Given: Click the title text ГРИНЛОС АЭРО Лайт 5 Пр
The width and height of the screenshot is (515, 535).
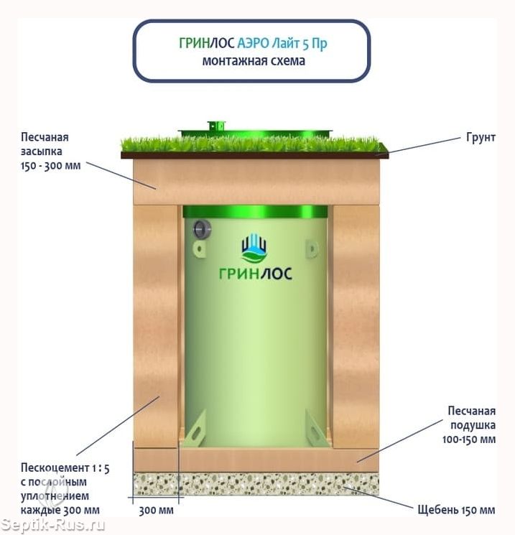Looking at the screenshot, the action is (x=253, y=43).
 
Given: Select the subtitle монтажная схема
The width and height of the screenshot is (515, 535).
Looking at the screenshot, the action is (x=254, y=61).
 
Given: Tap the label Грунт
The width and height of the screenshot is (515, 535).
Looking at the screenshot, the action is (x=481, y=137).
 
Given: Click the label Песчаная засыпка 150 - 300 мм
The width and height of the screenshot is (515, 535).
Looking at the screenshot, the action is (x=51, y=151).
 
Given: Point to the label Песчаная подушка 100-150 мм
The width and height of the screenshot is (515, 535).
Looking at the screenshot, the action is (x=469, y=425).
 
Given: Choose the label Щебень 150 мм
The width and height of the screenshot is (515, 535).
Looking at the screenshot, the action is (x=456, y=510).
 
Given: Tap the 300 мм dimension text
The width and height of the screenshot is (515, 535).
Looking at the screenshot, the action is (x=156, y=511).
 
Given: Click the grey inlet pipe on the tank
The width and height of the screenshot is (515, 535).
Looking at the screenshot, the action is (x=202, y=229).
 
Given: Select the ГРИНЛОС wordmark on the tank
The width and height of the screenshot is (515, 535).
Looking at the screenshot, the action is (x=255, y=274).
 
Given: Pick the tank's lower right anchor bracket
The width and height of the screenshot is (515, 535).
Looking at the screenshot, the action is (x=317, y=429).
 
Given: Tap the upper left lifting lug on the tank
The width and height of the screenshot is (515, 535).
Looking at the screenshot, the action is (x=199, y=248).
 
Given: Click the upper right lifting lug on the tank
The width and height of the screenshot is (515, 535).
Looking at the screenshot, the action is (x=311, y=248).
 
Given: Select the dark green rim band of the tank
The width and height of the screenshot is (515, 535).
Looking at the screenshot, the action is (x=255, y=212).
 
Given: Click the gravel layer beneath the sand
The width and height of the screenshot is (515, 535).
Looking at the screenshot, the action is (x=256, y=484).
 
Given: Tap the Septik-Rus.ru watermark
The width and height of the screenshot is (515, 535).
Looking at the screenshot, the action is (x=53, y=525).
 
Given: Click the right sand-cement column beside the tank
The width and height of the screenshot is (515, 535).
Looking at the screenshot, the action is (x=356, y=327).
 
